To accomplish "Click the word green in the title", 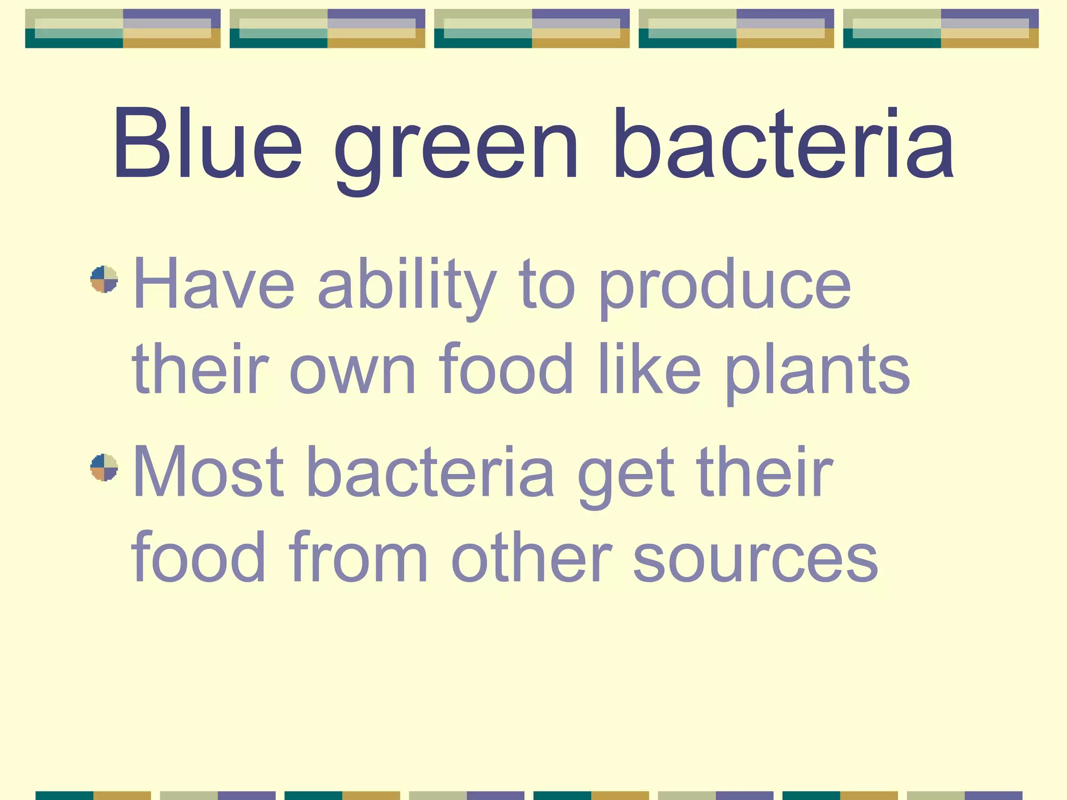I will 456,151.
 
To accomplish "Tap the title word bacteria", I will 783,143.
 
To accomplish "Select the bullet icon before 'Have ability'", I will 104,280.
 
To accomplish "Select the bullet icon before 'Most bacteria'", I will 104,467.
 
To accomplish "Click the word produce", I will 725,289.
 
